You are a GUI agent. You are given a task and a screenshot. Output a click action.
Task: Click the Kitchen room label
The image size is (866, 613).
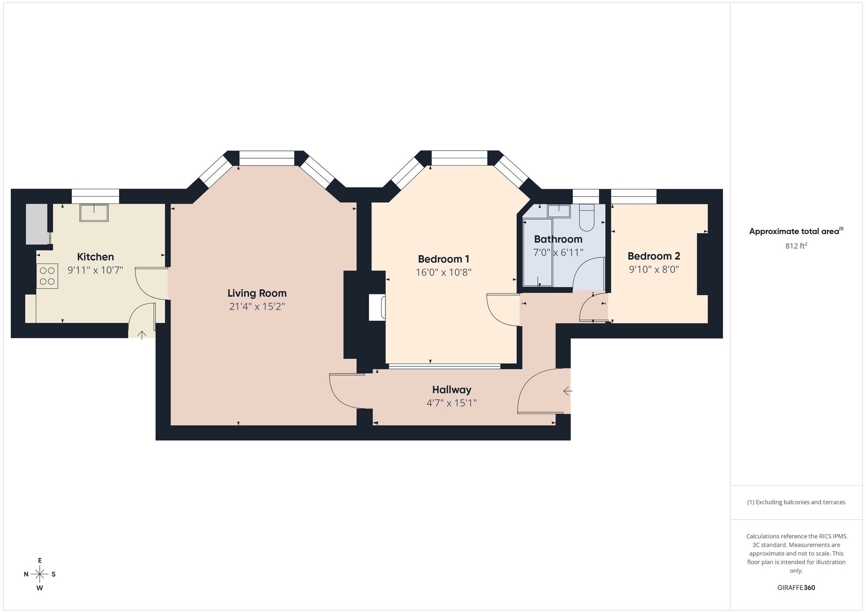coord(95,257)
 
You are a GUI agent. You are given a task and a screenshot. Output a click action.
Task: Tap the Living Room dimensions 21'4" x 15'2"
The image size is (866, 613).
coord(257,307)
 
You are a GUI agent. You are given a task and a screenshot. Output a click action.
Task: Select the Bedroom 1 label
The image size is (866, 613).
coord(443,259)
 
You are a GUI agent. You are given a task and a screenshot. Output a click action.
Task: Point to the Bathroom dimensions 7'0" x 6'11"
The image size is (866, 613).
coord(558,252)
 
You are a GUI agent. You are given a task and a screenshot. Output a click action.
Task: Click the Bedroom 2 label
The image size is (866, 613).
coord(654,256)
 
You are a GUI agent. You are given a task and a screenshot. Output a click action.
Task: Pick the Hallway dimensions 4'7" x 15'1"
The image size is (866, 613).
coord(452,403)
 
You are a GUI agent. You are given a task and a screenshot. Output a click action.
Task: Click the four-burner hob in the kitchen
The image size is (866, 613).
coord(47,276)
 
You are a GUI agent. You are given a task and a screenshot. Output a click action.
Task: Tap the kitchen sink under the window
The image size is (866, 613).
coord(94,212)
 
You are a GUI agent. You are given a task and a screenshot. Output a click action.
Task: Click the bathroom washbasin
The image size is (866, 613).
coord(559,211)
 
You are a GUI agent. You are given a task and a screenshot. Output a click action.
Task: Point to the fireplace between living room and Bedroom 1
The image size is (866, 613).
coord(377,308)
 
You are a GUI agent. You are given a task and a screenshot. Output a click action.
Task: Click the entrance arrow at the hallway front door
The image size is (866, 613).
coord(567,391)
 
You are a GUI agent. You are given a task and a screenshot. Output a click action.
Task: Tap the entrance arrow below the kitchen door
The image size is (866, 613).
coord(142,334)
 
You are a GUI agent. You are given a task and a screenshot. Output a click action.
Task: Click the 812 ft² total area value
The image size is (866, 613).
coord(796,246)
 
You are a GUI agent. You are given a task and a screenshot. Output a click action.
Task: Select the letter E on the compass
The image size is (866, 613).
coord(40,561)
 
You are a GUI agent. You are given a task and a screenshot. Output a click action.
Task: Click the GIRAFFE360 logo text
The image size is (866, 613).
coord(796,588)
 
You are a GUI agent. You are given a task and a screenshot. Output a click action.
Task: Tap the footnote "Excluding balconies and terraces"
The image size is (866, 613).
coord(796,502)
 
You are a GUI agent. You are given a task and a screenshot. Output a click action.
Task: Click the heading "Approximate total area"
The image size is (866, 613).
coord(795,232)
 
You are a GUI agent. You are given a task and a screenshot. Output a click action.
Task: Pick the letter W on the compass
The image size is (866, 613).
coord(40,588)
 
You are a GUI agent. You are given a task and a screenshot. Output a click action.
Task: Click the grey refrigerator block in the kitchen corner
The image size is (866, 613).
coord(37,224)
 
